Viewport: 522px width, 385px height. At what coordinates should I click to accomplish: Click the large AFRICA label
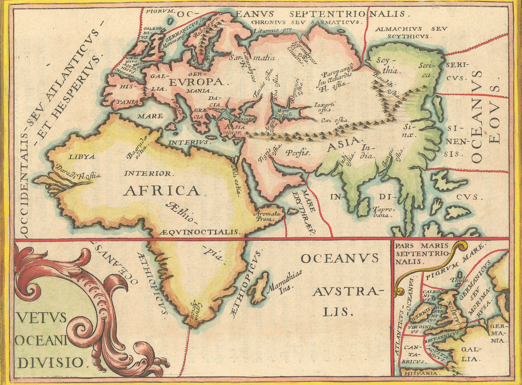[x=162, y=191]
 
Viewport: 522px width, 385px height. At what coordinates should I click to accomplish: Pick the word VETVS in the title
[x=41, y=318]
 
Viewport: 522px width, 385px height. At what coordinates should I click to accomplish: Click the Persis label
[x=298, y=152]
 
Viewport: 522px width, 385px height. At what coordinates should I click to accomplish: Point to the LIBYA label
[x=82, y=157]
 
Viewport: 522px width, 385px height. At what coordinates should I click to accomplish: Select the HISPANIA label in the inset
[x=421, y=373]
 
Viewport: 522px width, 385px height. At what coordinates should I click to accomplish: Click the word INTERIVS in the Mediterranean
[x=189, y=142]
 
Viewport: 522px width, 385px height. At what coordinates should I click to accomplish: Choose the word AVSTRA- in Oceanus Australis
[x=347, y=292]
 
